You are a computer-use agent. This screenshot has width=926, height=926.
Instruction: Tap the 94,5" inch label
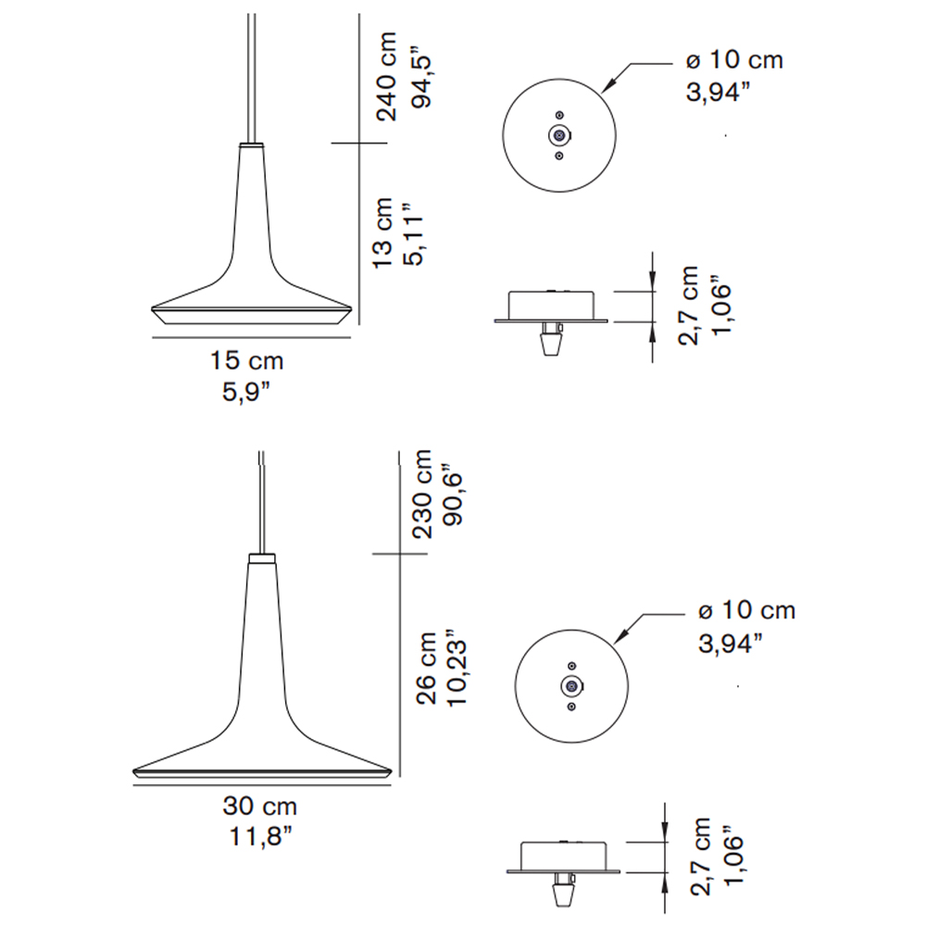(x=422, y=81)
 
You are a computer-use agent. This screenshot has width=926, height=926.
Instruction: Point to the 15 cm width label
(x=247, y=361)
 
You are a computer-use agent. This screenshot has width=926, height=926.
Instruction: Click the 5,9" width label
(x=246, y=392)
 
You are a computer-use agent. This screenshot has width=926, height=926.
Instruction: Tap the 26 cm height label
(x=426, y=668)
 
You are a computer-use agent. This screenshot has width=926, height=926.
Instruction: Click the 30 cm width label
(x=260, y=807)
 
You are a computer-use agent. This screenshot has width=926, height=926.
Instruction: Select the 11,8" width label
(x=260, y=836)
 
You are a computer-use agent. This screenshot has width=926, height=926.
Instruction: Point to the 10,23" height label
(x=457, y=671)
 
